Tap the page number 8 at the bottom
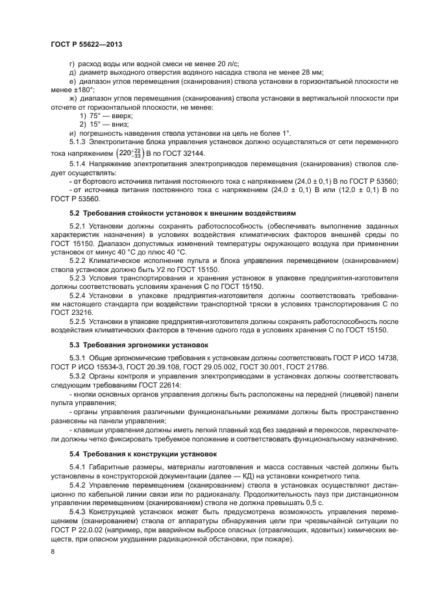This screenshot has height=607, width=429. [53, 551]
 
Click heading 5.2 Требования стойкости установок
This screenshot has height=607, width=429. [182, 213]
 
